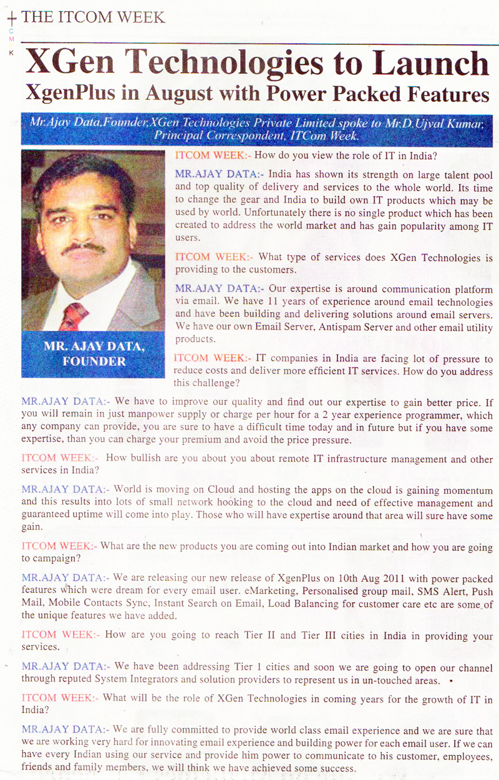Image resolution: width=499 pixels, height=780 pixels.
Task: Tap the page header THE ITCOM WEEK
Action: click(x=94, y=17)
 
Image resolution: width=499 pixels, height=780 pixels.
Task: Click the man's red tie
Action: click(x=74, y=316)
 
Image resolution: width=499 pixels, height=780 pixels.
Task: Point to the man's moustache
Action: click(x=84, y=248)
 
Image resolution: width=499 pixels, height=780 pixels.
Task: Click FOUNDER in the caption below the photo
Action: click(x=94, y=361)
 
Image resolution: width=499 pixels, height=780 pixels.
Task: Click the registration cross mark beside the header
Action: click(x=11, y=20)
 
